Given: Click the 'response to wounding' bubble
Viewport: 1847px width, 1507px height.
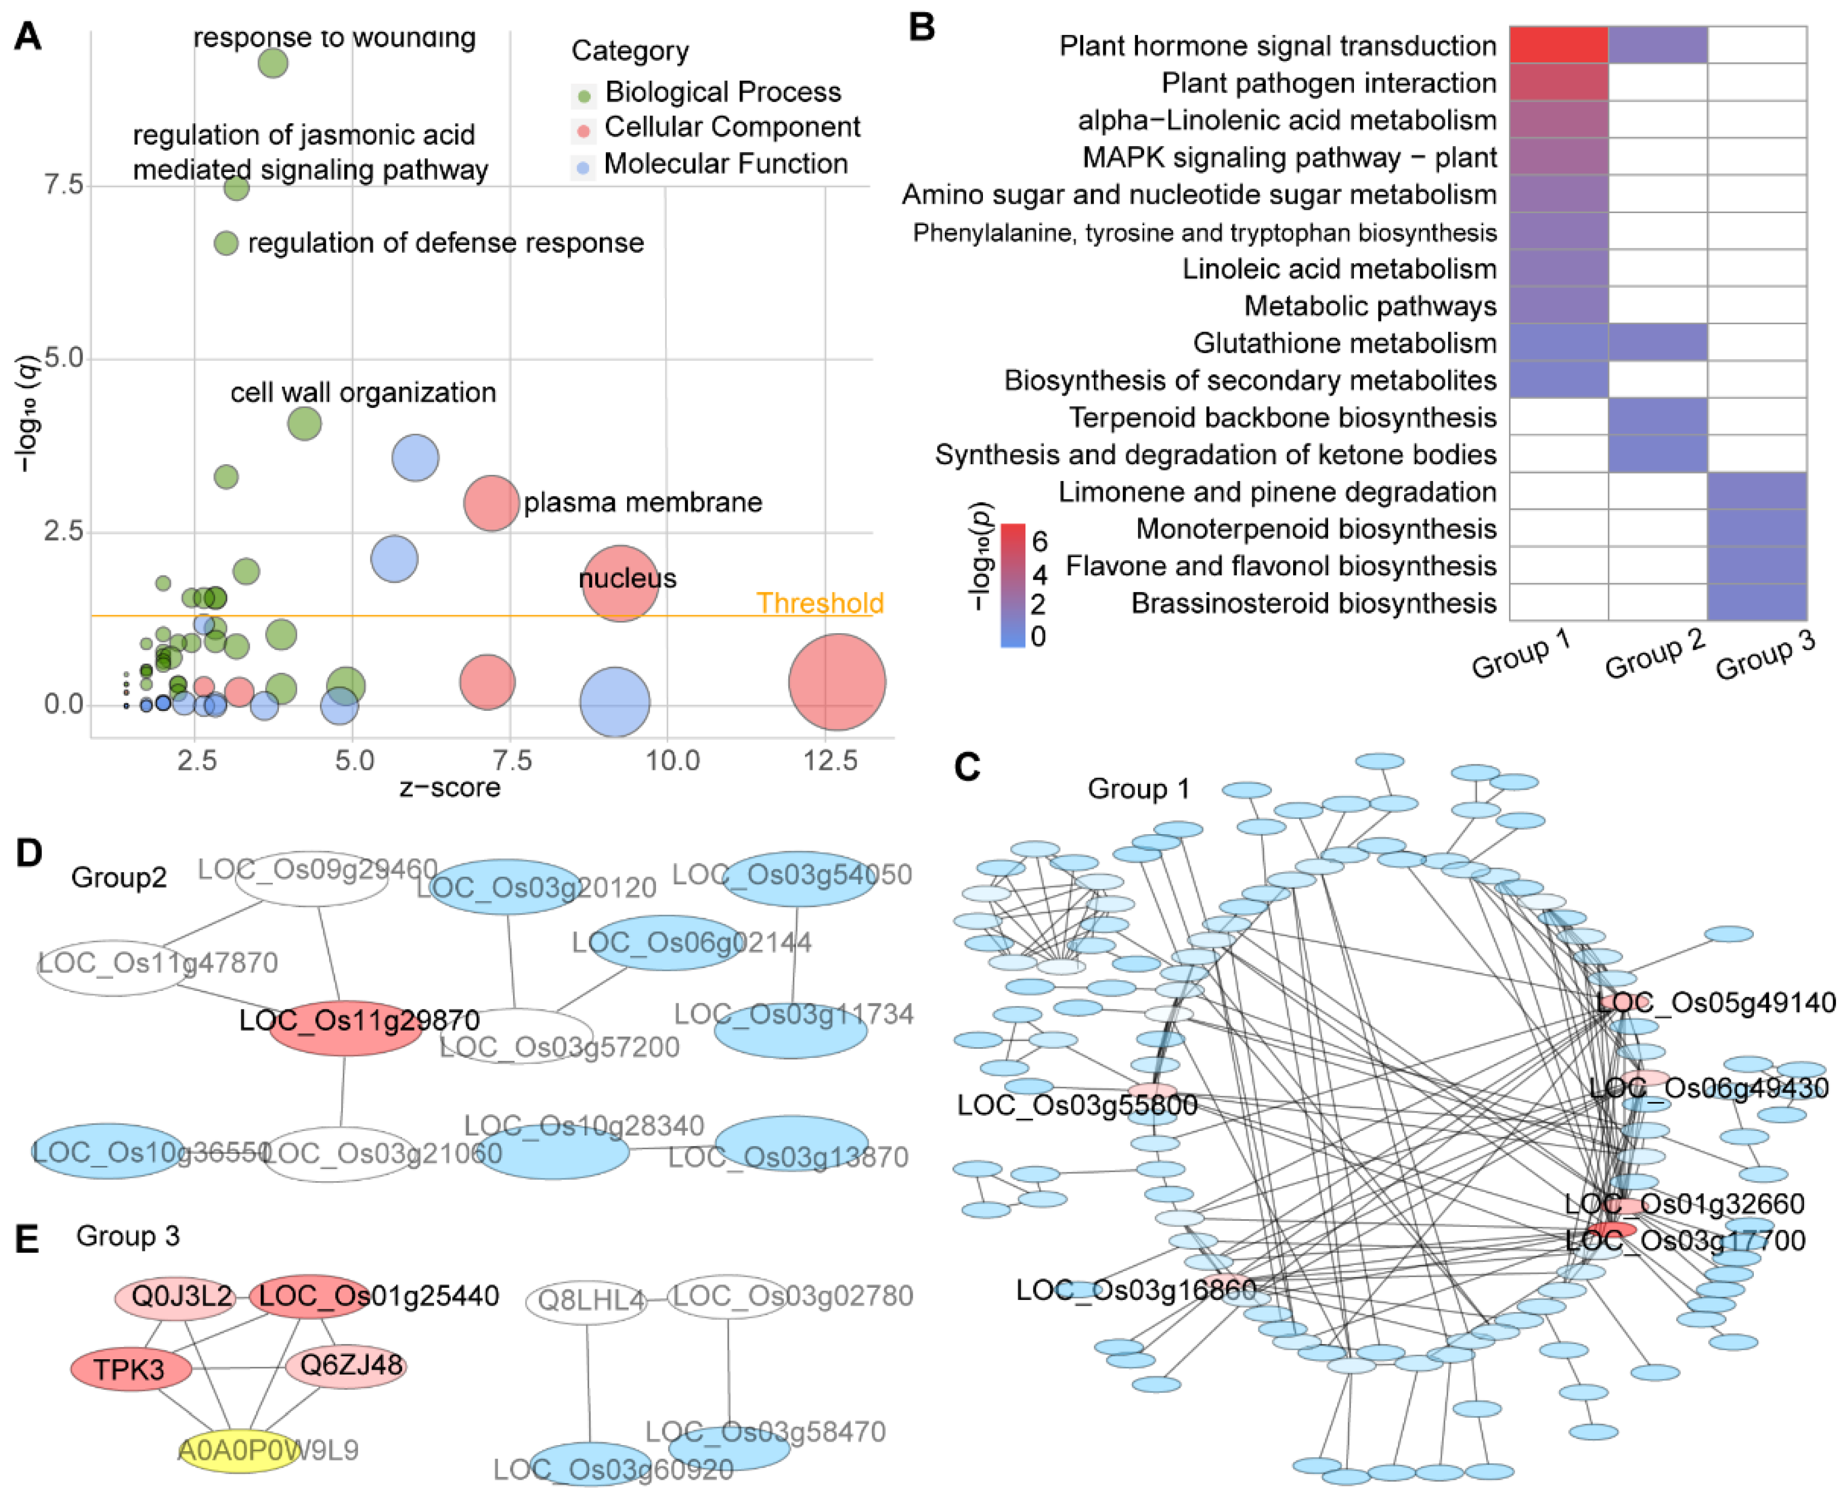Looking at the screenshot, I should coord(273,62).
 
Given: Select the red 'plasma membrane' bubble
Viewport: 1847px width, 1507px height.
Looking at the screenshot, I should coord(491,503).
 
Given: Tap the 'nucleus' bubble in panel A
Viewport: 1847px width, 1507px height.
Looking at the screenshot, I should coord(620,584).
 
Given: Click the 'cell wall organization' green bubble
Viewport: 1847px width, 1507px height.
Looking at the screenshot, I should coord(305,423).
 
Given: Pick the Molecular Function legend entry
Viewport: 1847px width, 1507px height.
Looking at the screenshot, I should coord(725,164).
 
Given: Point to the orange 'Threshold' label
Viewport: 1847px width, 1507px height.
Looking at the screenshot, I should coord(819,603).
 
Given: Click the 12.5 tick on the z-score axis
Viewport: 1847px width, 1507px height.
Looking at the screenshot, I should coord(830,762).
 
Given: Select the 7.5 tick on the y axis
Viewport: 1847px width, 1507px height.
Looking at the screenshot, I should coord(64,185).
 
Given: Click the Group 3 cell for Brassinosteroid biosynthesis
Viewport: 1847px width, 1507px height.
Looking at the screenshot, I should coord(1757,603).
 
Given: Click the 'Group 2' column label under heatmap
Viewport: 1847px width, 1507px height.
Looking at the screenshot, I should coord(1655,656).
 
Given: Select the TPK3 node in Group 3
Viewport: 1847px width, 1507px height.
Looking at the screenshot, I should coord(130,1370).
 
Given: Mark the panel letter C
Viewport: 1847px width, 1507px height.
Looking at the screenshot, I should coord(966,767).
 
